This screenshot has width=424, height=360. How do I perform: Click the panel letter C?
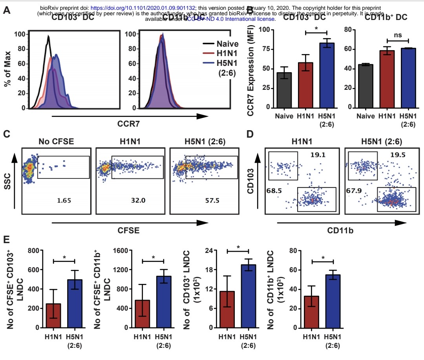(7, 134)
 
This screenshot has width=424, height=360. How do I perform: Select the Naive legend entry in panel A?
(227, 44)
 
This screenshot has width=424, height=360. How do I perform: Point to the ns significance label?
(397, 35)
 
